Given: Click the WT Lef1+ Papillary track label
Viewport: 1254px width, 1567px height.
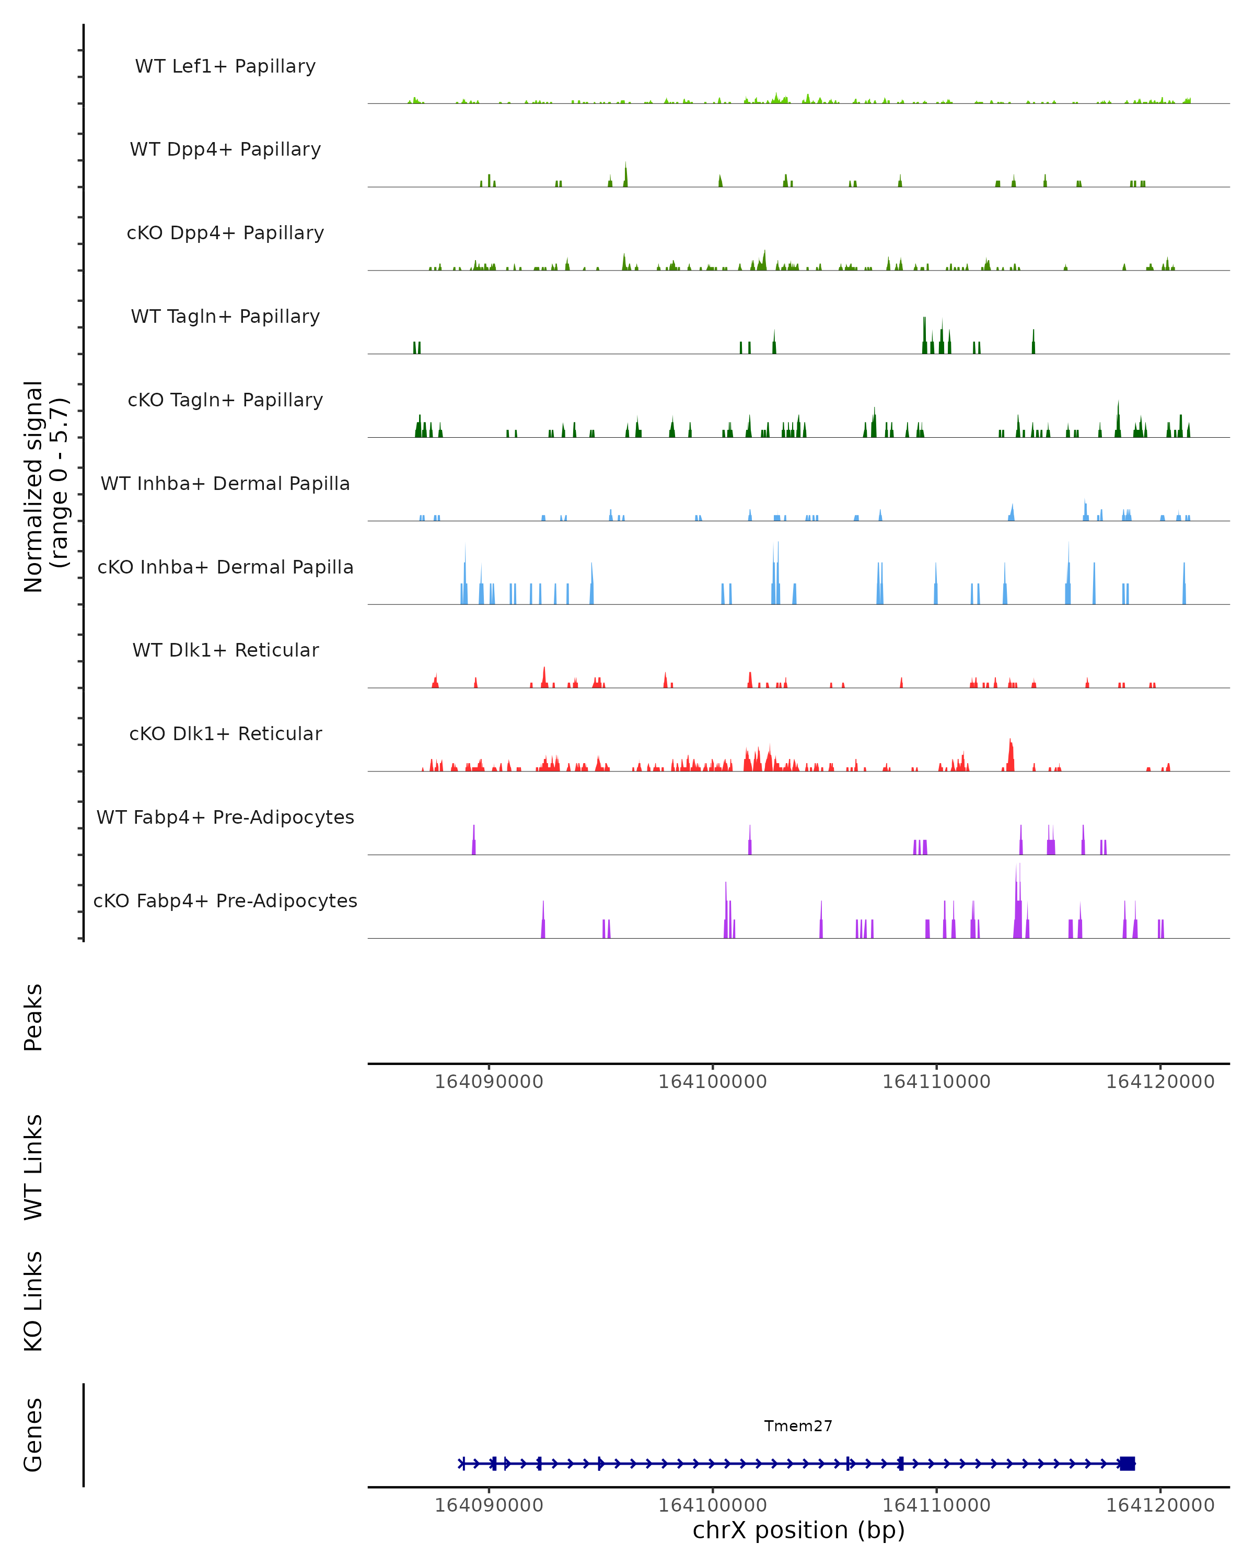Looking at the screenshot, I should point(225,66).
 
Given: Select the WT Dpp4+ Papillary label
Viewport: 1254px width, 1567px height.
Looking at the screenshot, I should point(225,150).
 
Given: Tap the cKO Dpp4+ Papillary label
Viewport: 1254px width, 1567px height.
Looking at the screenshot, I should point(225,233).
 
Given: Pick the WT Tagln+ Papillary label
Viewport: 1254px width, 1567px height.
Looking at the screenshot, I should point(225,317).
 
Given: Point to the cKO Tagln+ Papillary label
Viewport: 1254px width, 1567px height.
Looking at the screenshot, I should point(225,401).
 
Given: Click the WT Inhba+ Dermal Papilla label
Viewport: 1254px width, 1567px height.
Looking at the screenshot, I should point(225,484).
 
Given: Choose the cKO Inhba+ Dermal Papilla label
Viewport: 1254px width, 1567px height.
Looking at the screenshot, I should point(225,568).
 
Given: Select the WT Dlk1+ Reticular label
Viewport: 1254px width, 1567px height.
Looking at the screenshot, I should point(225,650).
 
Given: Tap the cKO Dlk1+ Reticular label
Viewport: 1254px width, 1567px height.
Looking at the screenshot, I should point(225,734).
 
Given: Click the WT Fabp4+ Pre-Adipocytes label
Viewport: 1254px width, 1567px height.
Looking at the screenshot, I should point(225,817).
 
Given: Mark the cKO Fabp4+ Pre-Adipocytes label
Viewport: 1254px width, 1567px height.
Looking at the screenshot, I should point(225,901).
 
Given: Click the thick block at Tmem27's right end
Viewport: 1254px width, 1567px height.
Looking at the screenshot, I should point(1127,1464).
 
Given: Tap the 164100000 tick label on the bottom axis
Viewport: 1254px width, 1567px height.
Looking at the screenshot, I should point(712,1505).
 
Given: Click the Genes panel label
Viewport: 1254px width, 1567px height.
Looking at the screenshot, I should point(33,1435).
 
